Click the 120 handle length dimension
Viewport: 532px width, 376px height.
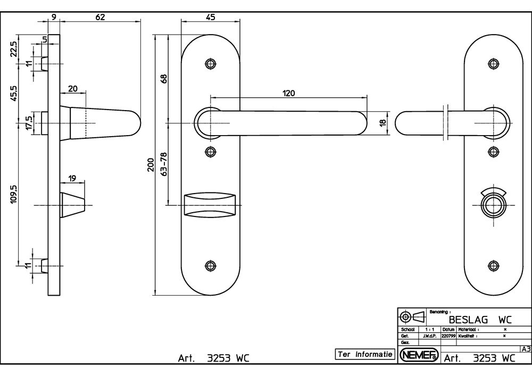pos(288,93)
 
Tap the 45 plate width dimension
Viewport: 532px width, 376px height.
pos(210,17)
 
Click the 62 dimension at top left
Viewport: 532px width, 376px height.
pos(100,17)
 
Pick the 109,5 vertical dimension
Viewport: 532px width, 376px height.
pos(14,195)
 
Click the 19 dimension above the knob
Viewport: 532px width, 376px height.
pos(73,179)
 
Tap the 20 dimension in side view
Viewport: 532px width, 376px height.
pos(73,89)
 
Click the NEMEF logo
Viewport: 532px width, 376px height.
pos(419,355)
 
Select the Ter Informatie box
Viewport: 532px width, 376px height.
pos(365,354)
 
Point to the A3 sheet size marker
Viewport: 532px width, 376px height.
pos(526,349)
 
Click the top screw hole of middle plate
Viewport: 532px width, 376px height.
pos(211,64)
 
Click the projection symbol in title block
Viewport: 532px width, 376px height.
pos(413,317)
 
